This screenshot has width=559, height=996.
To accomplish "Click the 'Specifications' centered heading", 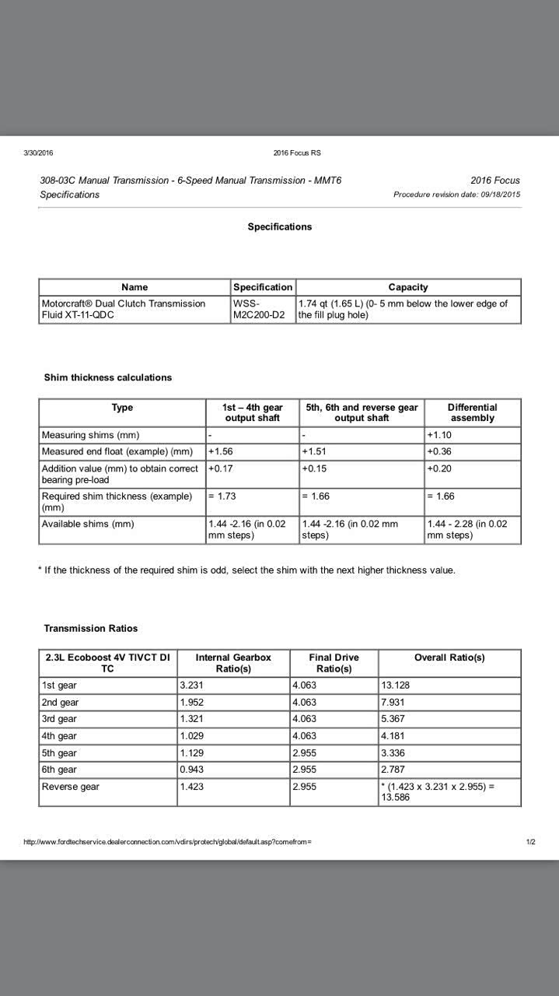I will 279,227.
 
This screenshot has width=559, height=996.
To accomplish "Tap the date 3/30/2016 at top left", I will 38,153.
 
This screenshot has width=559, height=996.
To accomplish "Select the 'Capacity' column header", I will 408,287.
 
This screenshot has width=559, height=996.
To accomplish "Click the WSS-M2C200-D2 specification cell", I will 259,309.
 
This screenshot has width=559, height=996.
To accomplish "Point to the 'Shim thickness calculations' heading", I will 108,377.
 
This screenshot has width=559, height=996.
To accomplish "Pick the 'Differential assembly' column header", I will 472,412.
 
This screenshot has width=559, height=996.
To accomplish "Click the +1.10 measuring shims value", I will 439,435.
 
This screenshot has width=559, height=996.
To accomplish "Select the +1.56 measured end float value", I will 221,452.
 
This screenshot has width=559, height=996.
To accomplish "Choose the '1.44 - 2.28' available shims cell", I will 466,529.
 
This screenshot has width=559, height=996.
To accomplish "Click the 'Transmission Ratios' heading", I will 91,629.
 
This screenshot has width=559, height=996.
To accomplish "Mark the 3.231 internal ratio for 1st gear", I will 192,686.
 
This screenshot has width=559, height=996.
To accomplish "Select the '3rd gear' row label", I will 59,719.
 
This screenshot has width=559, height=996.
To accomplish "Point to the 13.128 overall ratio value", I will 396,686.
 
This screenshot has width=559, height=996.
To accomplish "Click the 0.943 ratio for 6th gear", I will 192,770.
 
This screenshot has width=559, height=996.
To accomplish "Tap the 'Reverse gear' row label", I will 71,787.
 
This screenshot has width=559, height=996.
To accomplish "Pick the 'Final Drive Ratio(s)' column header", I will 334,663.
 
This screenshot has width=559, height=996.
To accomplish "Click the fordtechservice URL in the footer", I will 167,842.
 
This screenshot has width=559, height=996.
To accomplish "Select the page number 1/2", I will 530,842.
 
